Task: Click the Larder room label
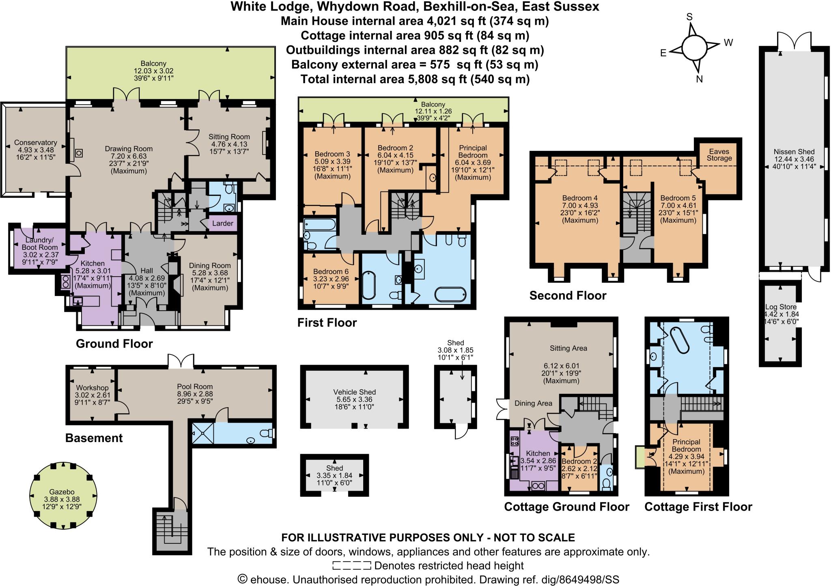coord(222,223)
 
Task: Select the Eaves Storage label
coord(719,155)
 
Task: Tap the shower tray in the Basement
coord(202,434)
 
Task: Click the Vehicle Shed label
coord(354,392)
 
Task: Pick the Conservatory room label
coord(35,143)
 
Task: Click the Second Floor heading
coord(568,296)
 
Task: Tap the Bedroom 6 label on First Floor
coord(330,271)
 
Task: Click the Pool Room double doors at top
coord(181,360)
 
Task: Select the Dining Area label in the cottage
coord(533,403)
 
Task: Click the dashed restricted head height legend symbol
coord(351,566)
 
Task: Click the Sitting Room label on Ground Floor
coord(229,137)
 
